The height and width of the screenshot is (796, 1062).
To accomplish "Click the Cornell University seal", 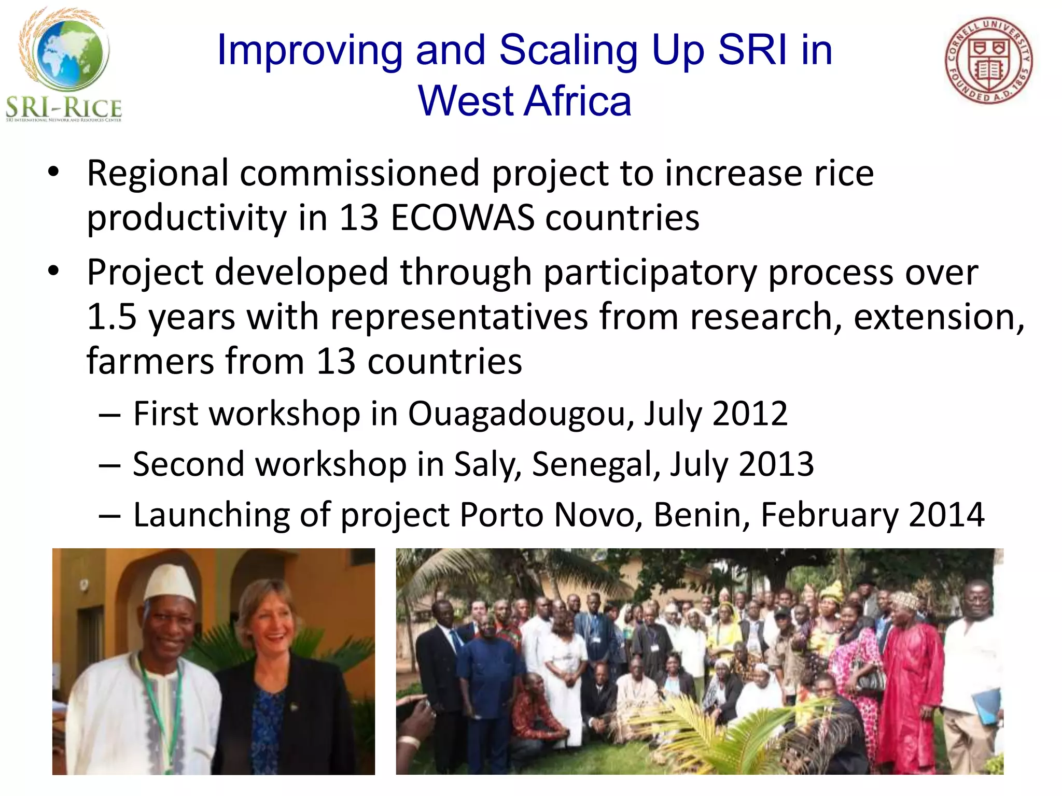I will [988, 61].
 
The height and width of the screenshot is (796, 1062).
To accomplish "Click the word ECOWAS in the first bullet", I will [462, 218].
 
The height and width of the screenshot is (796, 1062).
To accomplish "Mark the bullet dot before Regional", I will [53, 173].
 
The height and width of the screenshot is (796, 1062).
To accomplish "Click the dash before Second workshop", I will [109, 465].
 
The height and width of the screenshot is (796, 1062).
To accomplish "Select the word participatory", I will [650, 273].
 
